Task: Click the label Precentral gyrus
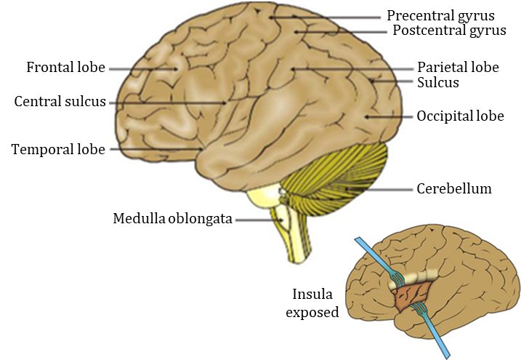pos(440,15)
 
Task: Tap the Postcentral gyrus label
pos(444,31)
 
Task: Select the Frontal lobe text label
pos(66,68)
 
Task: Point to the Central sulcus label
pos(60,101)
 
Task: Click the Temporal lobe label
pos(58,149)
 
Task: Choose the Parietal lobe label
pos(458,68)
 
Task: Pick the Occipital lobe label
pos(460,116)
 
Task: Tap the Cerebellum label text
pos(454,189)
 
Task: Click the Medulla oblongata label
pos(172,218)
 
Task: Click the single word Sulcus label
pos(438,83)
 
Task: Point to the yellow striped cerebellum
pos(342,175)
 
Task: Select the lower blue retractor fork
pos(420,312)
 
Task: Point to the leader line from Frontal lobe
pos(142,68)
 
